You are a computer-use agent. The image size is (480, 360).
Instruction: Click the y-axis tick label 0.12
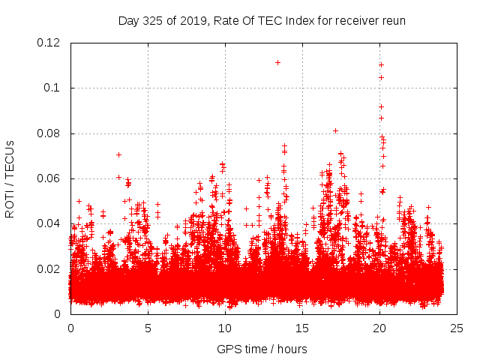pyautogui.click(x=50, y=43)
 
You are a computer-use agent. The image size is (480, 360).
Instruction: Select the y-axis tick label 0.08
pyautogui.click(x=50, y=133)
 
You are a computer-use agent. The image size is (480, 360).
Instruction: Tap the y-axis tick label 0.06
pyautogui.click(x=50, y=178)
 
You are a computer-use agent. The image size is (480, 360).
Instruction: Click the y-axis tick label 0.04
pyautogui.click(x=50, y=223)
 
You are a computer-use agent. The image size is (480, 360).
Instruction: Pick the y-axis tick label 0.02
pyautogui.click(x=50, y=268)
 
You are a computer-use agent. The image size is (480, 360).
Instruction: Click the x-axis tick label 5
pyautogui.click(x=148, y=328)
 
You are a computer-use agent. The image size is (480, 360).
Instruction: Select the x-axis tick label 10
pyautogui.click(x=225, y=328)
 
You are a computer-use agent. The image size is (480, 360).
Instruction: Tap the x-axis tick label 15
pyautogui.click(x=302, y=328)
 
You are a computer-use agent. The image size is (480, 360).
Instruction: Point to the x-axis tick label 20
pyautogui.click(x=379, y=328)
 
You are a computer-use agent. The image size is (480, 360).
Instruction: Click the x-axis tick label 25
pyautogui.click(x=457, y=328)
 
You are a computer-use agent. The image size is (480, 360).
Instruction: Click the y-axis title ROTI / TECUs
pyautogui.click(x=10, y=178)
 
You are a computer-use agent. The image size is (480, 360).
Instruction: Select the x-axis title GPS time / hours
pyautogui.click(x=262, y=349)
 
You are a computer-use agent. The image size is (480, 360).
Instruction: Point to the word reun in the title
pyautogui.click(x=392, y=20)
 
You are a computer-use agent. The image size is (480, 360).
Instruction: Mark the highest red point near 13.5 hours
pyautogui.click(x=277, y=62)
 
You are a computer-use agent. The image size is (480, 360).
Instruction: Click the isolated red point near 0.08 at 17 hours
pyautogui.click(x=335, y=130)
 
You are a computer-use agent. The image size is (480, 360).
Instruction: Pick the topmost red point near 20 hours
pyautogui.click(x=381, y=64)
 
